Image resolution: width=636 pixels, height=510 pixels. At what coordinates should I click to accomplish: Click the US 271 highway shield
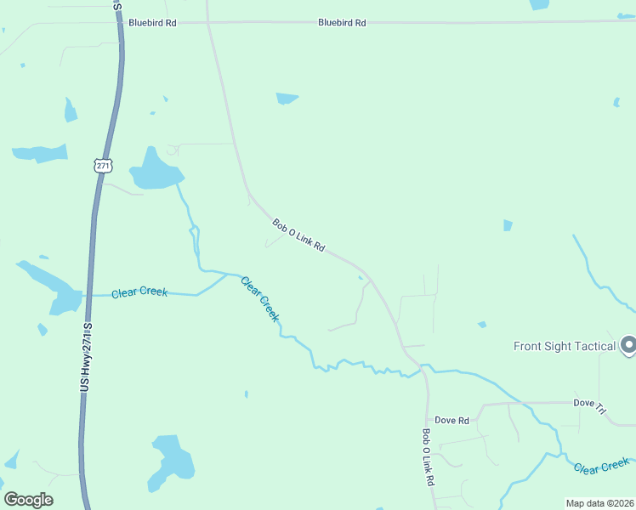(x=102, y=167)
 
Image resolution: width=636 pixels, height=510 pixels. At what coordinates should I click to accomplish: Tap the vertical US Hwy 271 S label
(x=88, y=356)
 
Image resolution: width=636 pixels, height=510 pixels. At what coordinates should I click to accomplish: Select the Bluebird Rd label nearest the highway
(x=152, y=23)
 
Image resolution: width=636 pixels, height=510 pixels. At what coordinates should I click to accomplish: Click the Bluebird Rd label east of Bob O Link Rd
(x=342, y=23)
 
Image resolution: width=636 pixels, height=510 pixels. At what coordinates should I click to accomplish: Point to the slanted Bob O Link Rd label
(x=299, y=236)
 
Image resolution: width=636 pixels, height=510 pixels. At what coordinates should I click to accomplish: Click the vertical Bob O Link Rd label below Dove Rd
(x=429, y=456)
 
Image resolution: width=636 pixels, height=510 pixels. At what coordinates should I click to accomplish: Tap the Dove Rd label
(x=451, y=421)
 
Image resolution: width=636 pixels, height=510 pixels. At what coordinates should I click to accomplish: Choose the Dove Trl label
(x=589, y=406)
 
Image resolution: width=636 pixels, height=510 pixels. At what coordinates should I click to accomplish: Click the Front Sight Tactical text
(x=565, y=346)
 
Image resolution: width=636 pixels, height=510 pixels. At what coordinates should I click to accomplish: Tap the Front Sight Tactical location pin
(x=628, y=345)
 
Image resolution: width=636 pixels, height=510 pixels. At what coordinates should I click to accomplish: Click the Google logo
(x=28, y=500)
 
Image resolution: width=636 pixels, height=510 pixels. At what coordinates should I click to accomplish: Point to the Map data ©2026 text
(x=599, y=503)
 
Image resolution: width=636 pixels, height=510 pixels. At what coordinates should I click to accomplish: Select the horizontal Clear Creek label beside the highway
(x=140, y=292)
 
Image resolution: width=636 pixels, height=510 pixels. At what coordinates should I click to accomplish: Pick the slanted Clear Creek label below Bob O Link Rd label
(x=260, y=298)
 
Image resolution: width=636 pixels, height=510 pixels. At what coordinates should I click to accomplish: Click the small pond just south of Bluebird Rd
(x=287, y=99)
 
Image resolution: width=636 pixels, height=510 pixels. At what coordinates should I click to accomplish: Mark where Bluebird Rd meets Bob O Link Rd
(x=208, y=23)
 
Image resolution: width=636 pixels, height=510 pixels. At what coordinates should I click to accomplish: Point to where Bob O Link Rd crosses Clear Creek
(x=419, y=368)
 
